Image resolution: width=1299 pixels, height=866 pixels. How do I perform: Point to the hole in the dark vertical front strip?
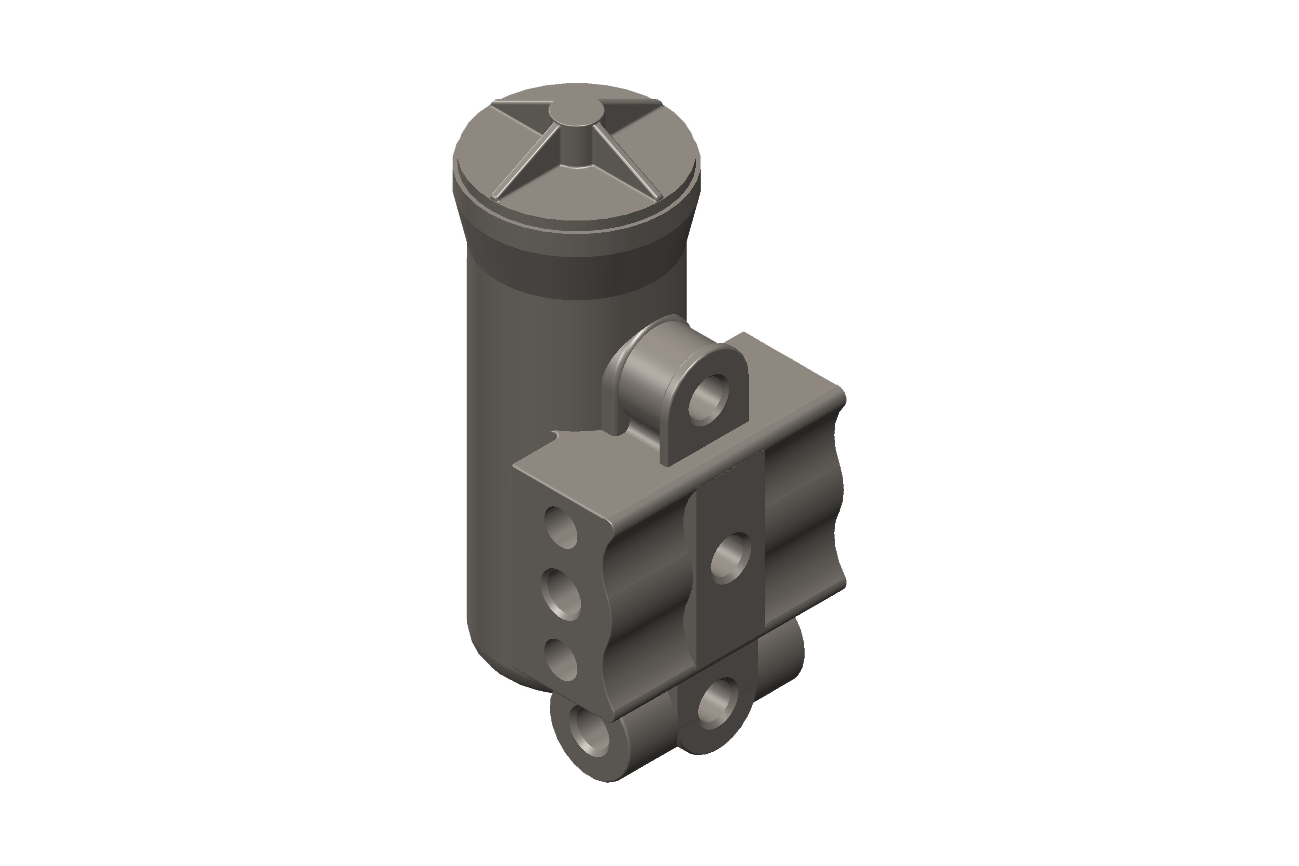pyautogui.click(x=730, y=558)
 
